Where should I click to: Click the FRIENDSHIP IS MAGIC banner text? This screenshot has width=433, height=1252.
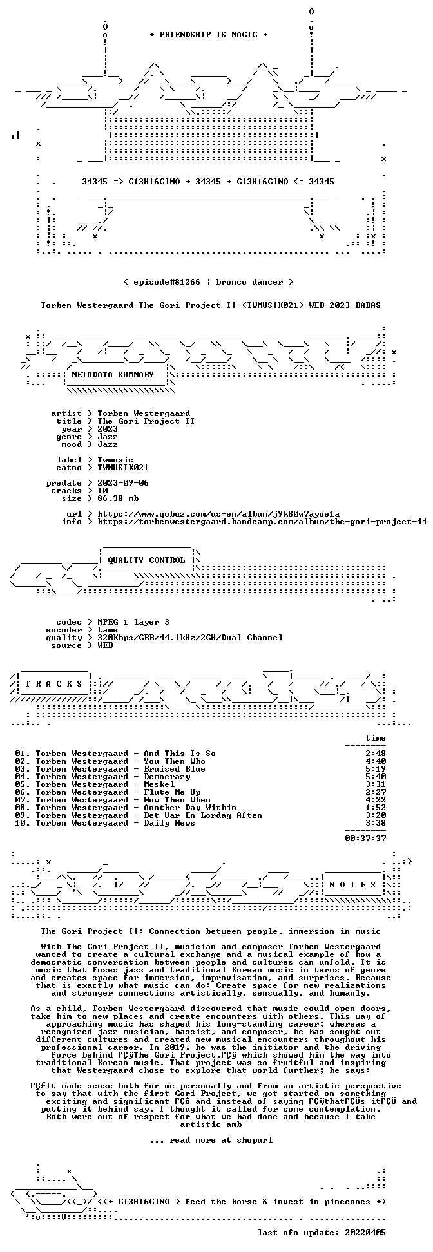coord(208,35)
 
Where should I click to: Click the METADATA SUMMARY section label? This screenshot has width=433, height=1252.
coord(113,374)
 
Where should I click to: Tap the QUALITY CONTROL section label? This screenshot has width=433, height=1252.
coord(146,560)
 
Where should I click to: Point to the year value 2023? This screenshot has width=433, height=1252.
coord(108,428)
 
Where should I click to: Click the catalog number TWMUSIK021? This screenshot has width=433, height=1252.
coord(123,467)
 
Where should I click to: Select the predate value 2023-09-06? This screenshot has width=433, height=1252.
coord(123,482)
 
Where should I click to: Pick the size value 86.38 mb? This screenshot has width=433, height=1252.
coord(118,498)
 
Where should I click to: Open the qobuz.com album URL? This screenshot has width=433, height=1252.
coord(218,513)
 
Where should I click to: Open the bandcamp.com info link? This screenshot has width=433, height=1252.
coord(262,521)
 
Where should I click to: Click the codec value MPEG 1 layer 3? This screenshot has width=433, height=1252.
coord(133,621)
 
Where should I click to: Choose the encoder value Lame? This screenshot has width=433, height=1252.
coord(108,629)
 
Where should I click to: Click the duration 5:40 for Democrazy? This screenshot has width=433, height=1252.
coord(376,776)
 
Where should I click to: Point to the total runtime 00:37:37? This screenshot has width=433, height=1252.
coord(365,838)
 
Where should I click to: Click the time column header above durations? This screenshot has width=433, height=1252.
coord(376,737)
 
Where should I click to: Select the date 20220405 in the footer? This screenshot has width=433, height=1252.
coord(365,1232)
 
